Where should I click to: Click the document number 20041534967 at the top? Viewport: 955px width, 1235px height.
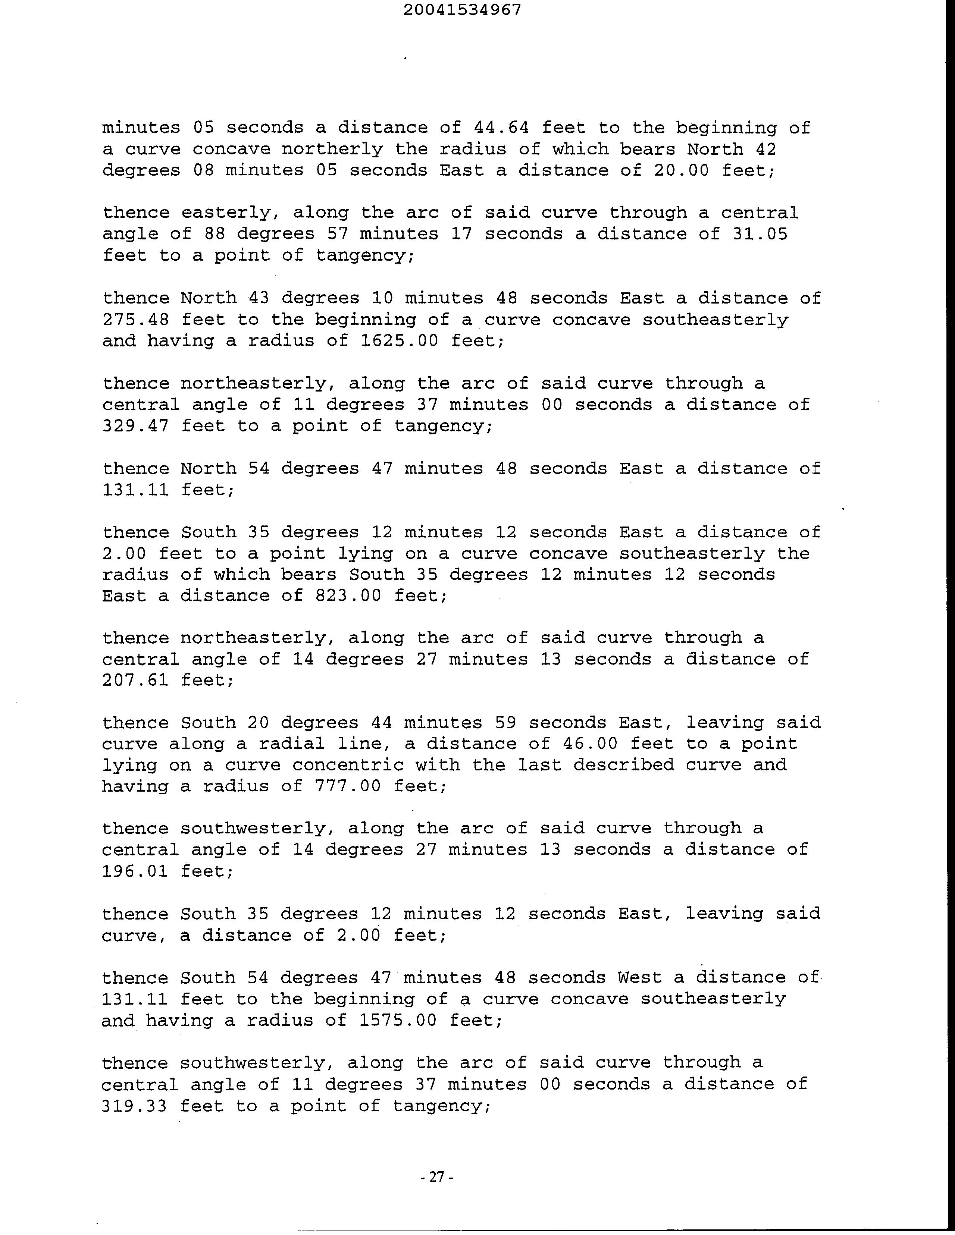pyautogui.click(x=462, y=10)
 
